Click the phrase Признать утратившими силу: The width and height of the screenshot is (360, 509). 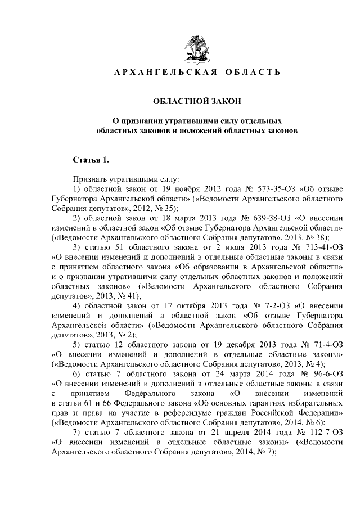point(125,178)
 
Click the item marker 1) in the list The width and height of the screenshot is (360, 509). point(78,188)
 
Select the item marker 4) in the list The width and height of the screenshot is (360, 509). point(78,306)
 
